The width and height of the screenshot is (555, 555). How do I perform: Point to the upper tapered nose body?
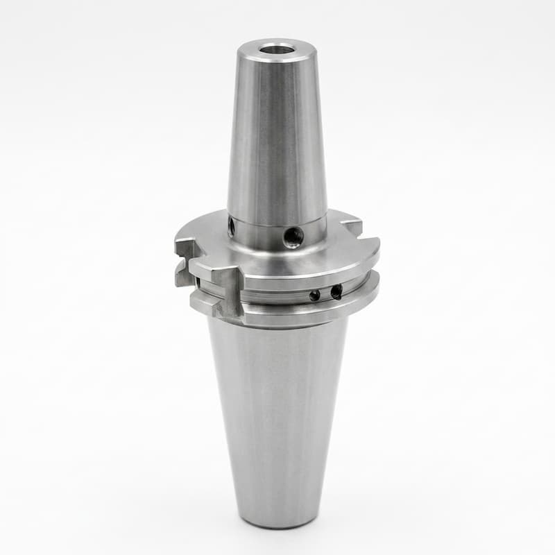277,139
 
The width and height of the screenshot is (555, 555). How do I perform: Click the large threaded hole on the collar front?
293,237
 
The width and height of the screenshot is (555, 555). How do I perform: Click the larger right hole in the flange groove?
336,292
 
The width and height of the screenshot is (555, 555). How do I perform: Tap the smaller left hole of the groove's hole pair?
315,295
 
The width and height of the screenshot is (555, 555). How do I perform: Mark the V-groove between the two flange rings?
291,297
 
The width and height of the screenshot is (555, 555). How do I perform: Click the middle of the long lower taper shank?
277,416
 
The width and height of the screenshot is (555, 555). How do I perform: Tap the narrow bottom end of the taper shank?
277,517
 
